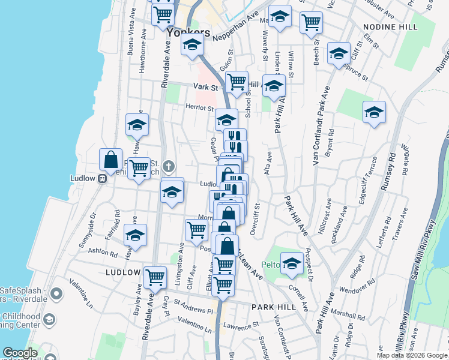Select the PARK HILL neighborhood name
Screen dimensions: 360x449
274,307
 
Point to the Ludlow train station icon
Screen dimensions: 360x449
103,178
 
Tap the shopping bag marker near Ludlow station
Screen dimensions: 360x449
111,160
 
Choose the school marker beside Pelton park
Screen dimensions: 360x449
292,263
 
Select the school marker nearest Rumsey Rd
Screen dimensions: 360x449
374,112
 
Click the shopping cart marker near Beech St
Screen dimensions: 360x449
311,22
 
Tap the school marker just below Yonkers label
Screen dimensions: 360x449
192,45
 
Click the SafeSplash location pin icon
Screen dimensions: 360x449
56,294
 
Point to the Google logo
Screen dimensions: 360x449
20,353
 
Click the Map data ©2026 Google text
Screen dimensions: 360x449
411,355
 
